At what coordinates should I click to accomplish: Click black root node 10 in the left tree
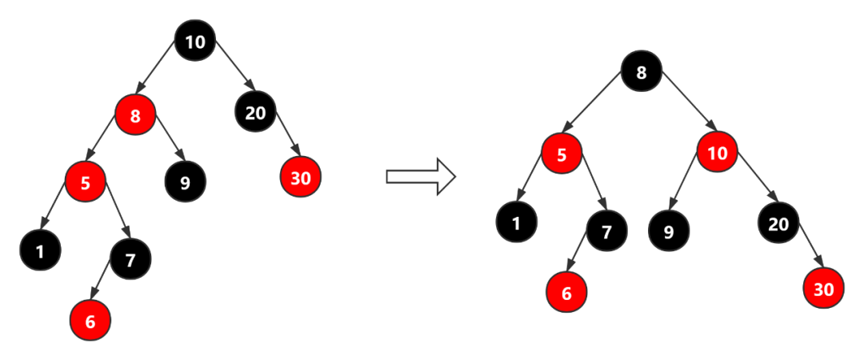pyautogui.click(x=195, y=42)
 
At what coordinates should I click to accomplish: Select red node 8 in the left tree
pyautogui.click(x=135, y=116)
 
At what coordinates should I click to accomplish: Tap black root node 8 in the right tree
pyautogui.click(x=641, y=74)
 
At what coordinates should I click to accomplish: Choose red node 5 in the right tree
pyautogui.click(x=562, y=154)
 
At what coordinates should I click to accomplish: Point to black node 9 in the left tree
pyautogui.click(x=186, y=182)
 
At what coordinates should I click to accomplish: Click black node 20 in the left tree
pyautogui.click(x=255, y=113)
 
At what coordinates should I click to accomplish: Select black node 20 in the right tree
pyautogui.click(x=778, y=224)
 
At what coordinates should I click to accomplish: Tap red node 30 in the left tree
pyautogui.click(x=300, y=178)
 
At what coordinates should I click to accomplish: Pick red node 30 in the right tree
pyautogui.click(x=824, y=290)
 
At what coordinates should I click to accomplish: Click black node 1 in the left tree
pyautogui.click(x=40, y=251)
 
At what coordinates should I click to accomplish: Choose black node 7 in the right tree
pyautogui.click(x=606, y=232)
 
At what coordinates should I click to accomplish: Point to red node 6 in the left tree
pyautogui.click(x=90, y=322)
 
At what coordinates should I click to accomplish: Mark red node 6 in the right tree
pyautogui.click(x=566, y=293)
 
